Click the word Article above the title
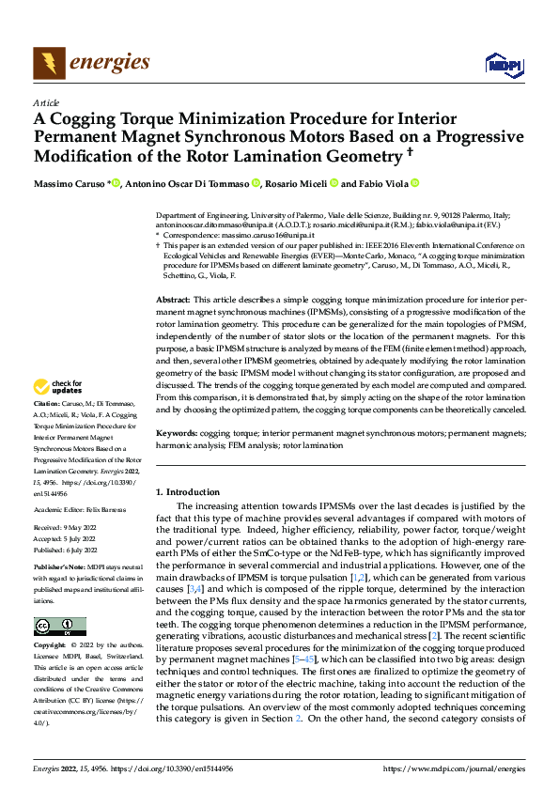46,102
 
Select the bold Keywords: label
176,435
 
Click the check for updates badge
58,387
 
